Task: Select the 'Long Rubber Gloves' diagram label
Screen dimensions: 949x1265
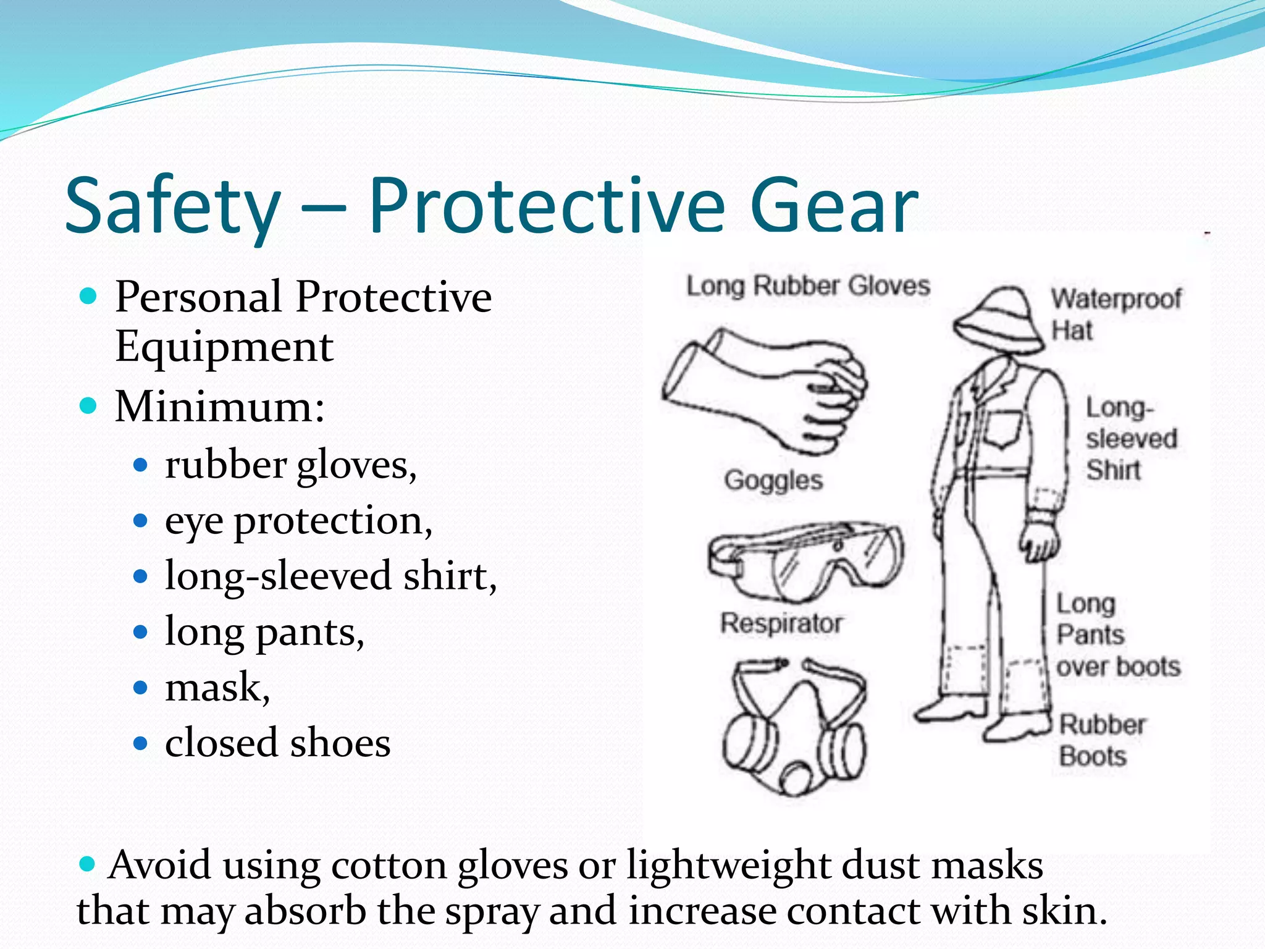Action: [808, 286]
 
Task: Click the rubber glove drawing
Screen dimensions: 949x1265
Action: [766, 389]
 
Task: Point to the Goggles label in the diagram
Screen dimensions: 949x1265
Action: [773, 480]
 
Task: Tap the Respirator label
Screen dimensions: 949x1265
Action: [781, 623]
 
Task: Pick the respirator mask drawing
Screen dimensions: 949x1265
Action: [794, 729]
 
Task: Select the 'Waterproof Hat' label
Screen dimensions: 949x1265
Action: [1116, 314]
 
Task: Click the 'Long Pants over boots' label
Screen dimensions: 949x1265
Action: [1117, 635]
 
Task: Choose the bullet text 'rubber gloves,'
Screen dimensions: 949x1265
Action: [290, 465]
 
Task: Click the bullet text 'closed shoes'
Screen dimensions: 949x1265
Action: [277, 743]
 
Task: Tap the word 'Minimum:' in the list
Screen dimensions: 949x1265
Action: [220, 407]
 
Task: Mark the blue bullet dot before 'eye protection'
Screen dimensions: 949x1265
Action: [141, 521]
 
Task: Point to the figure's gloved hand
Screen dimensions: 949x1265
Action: [1039, 541]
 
